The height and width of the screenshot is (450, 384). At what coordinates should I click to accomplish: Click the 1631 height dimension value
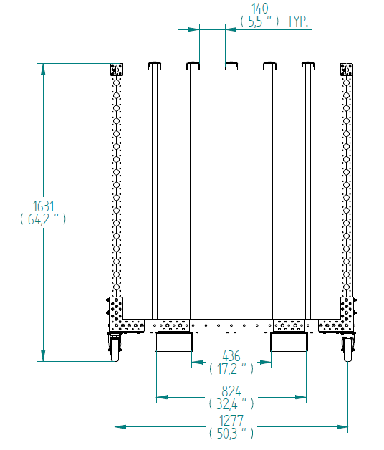(43, 206)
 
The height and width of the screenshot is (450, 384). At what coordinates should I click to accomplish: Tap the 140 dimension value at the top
(260, 9)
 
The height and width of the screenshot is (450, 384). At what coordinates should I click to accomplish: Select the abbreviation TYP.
(297, 21)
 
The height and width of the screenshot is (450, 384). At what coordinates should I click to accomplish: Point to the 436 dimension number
(231, 356)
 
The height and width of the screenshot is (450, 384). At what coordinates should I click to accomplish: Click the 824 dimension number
(231, 391)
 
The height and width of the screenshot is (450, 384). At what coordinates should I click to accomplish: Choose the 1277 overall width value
(231, 421)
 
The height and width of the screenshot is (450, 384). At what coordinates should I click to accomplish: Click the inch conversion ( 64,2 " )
(43, 219)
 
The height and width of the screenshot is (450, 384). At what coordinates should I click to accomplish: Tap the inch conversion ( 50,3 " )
(231, 434)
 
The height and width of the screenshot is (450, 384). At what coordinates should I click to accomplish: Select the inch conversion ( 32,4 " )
(231, 404)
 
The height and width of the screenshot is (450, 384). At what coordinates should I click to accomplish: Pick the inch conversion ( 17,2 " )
(231, 369)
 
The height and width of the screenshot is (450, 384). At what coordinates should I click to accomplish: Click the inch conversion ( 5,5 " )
(259, 21)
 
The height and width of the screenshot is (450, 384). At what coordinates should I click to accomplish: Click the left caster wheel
(115, 349)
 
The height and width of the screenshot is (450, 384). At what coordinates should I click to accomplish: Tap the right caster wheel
(348, 349)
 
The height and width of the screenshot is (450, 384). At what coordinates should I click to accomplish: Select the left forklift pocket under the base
(173, 342)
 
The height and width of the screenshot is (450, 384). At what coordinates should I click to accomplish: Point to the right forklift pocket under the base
(289, 342)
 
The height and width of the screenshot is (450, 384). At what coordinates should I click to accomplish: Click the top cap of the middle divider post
(231, 65)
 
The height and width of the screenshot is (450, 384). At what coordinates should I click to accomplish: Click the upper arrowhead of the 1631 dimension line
(43, 69)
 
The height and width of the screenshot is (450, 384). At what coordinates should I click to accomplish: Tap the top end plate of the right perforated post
(347, 70)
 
